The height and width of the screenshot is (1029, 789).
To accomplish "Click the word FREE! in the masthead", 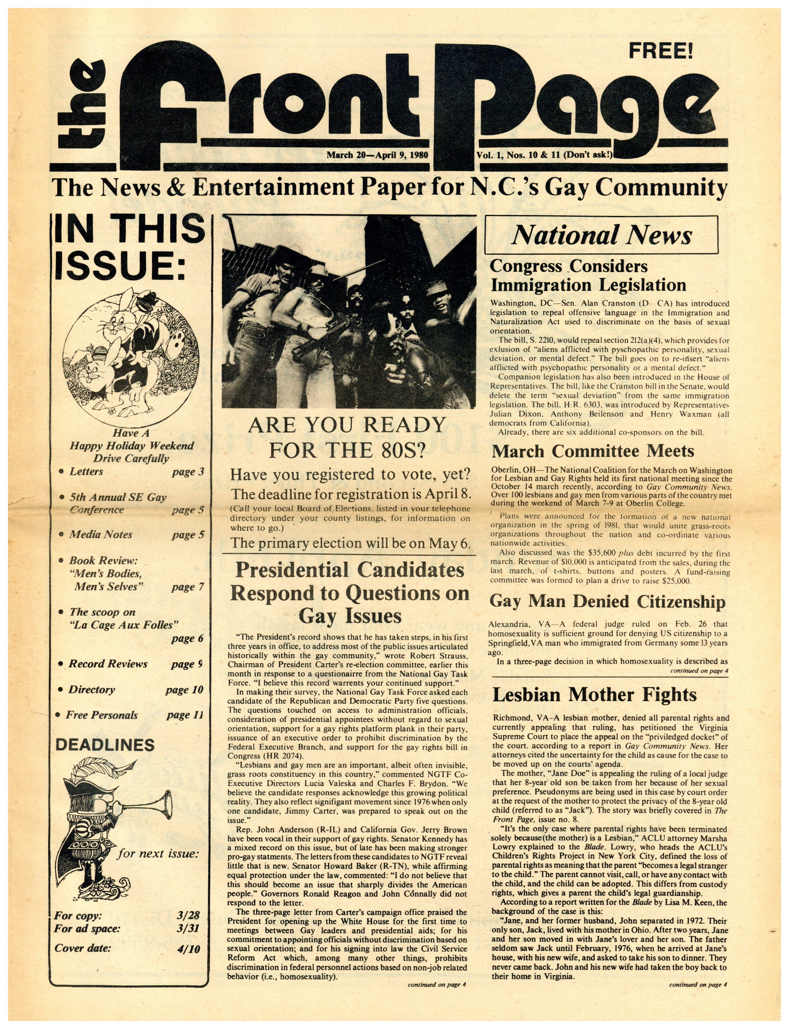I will click(660, 51).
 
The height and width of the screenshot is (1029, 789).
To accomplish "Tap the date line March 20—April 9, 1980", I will click(377, 155).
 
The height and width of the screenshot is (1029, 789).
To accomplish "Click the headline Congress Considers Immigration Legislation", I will click(587, 276).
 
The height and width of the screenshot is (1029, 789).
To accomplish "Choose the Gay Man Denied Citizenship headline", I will click(607, 602).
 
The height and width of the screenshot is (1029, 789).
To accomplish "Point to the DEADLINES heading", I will click(105, 745).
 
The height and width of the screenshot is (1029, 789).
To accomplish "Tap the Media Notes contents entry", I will click(101, 535).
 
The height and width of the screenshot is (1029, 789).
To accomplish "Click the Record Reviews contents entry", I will click(108, 664).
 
